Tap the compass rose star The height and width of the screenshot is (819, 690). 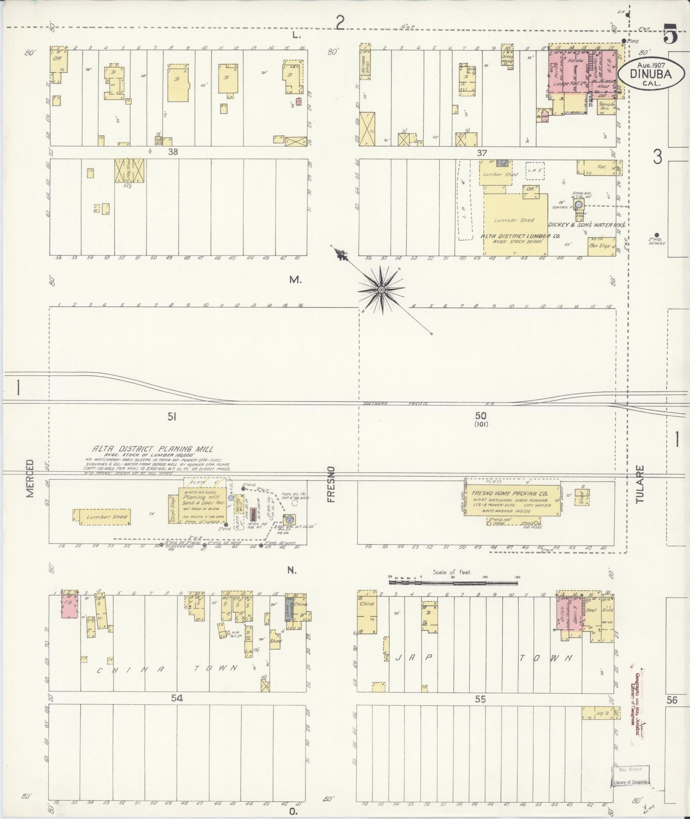(x=382, y=290)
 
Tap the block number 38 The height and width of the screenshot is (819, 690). (x=172, y=152)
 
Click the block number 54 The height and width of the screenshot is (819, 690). (x=177, y=699)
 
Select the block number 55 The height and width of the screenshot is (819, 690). (x=480, y=699)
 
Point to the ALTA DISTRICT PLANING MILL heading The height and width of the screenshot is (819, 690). (x=153, y=449)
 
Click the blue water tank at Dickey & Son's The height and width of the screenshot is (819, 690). (x=579, y=205)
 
